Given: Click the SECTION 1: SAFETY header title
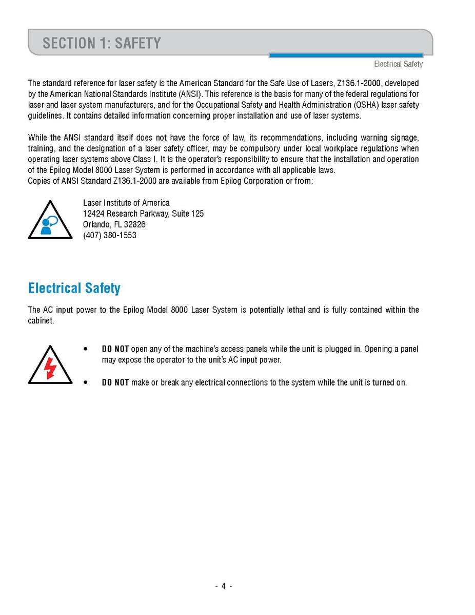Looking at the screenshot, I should coord(102,43).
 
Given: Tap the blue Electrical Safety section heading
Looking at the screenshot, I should coord(74,288).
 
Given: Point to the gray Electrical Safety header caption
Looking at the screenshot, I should coord(398,64).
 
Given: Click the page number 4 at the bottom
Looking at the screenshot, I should coord(224,586).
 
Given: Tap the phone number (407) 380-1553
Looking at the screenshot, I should coord(110,235).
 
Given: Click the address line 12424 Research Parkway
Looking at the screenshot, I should coord(143,214).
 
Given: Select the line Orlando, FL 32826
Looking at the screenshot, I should coord(114,224).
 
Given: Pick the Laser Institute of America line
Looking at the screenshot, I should coord(126,203).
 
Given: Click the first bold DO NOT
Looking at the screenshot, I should coord(115,349).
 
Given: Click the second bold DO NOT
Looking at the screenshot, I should coord(115,382).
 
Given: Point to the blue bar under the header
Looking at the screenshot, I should coord(346,55).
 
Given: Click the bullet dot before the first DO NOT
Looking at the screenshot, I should coord(86,349).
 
